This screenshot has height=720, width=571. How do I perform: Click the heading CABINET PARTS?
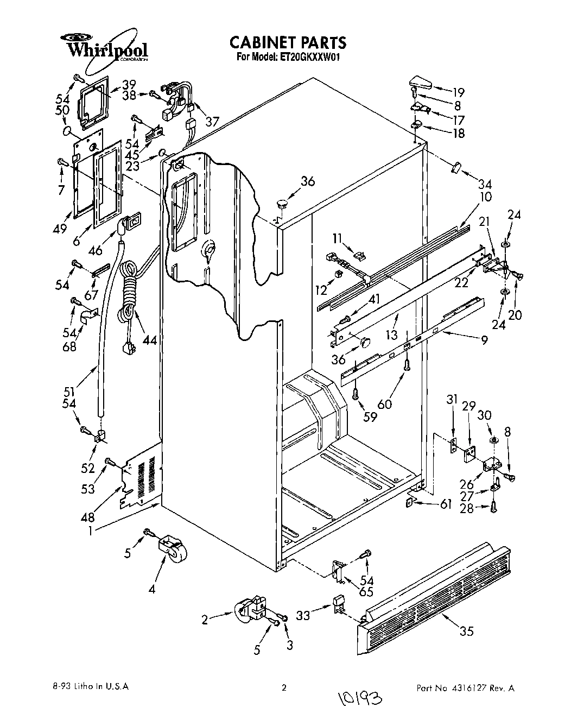point(287,42)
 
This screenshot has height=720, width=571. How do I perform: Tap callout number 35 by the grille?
point(466,631)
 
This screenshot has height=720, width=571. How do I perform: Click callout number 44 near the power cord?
point(149,340)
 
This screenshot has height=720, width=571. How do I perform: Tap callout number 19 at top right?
point(459,92)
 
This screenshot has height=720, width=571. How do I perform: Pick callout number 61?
point(446,504)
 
